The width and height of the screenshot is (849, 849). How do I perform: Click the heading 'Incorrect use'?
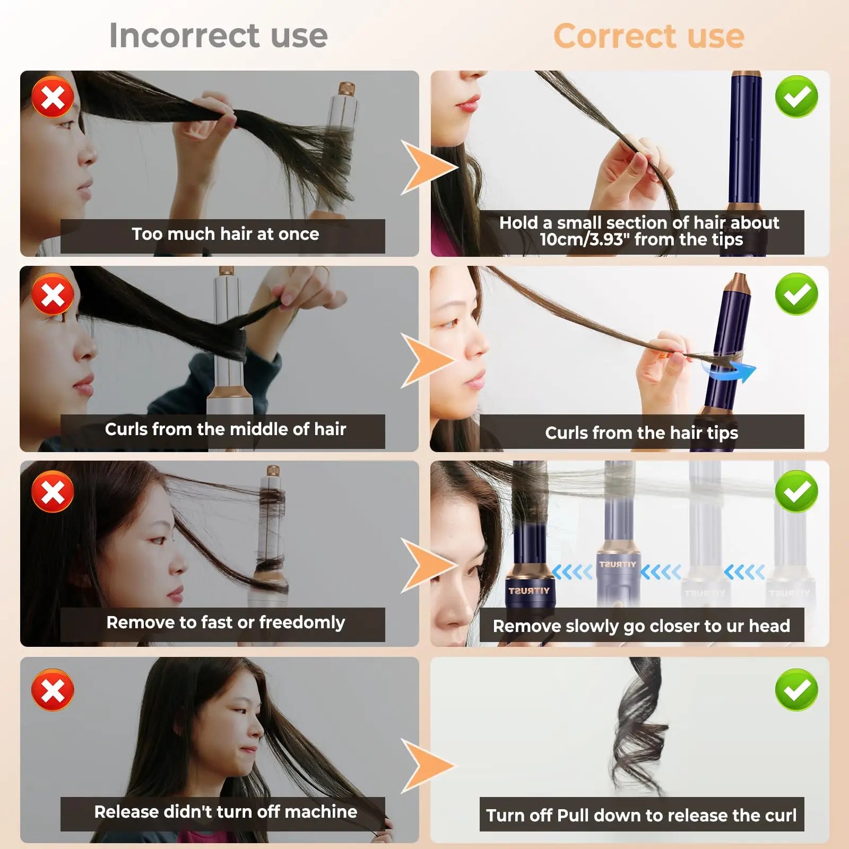[x=218, y=36]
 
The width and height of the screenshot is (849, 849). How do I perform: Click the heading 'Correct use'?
[x=649, y=36]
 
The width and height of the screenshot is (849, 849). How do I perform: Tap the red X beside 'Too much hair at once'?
[x=53, y=97]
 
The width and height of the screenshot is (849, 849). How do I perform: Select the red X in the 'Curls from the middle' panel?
[x=53, y=294]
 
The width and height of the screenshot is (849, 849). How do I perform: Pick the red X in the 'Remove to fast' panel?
[x=53, y=491]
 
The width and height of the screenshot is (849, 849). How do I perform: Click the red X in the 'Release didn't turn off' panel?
[x=53, y=689]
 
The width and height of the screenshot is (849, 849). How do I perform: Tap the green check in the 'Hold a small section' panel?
[x=796, y=97]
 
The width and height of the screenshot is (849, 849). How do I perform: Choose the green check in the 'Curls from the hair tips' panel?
[x=796, y=294]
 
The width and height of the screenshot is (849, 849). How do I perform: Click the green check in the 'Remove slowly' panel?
[x=796, y=491]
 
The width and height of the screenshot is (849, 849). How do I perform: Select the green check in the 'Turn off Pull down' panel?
[x=796, y=689]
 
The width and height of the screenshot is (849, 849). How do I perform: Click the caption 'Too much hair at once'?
[x=226, y=234]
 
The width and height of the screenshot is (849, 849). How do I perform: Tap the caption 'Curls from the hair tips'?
[x=642, y=433]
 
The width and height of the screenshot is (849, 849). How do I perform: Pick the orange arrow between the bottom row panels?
[x=428, y=766]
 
